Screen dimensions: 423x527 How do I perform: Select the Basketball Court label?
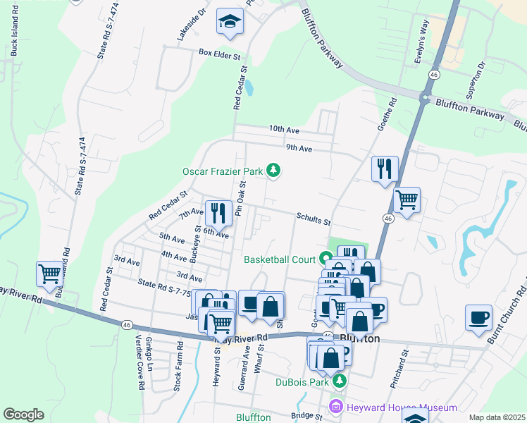point(280,259)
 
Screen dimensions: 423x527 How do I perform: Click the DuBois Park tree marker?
point(340,381)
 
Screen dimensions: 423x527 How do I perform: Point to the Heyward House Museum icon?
point(335,407)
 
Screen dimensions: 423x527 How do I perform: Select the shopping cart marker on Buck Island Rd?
point(49,274)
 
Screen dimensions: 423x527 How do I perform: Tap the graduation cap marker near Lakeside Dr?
point(229,22)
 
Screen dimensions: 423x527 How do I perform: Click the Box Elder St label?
point(219,53)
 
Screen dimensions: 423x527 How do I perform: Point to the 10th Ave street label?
point(284,130)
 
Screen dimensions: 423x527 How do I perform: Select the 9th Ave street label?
point(299,149)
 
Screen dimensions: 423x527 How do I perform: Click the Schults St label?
point(314,221)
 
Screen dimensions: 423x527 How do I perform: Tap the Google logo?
point(23,415)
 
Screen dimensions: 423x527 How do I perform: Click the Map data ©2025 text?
point(497,417)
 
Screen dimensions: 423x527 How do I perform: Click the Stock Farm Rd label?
point(180,357)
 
